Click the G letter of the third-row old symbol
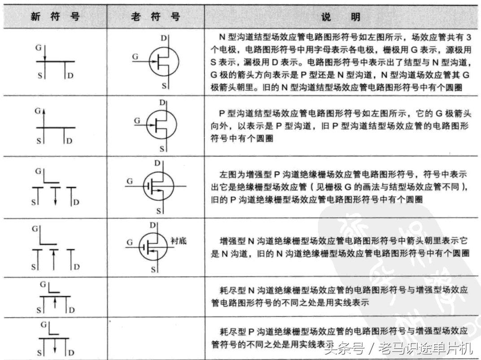(x=130, y=181)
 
